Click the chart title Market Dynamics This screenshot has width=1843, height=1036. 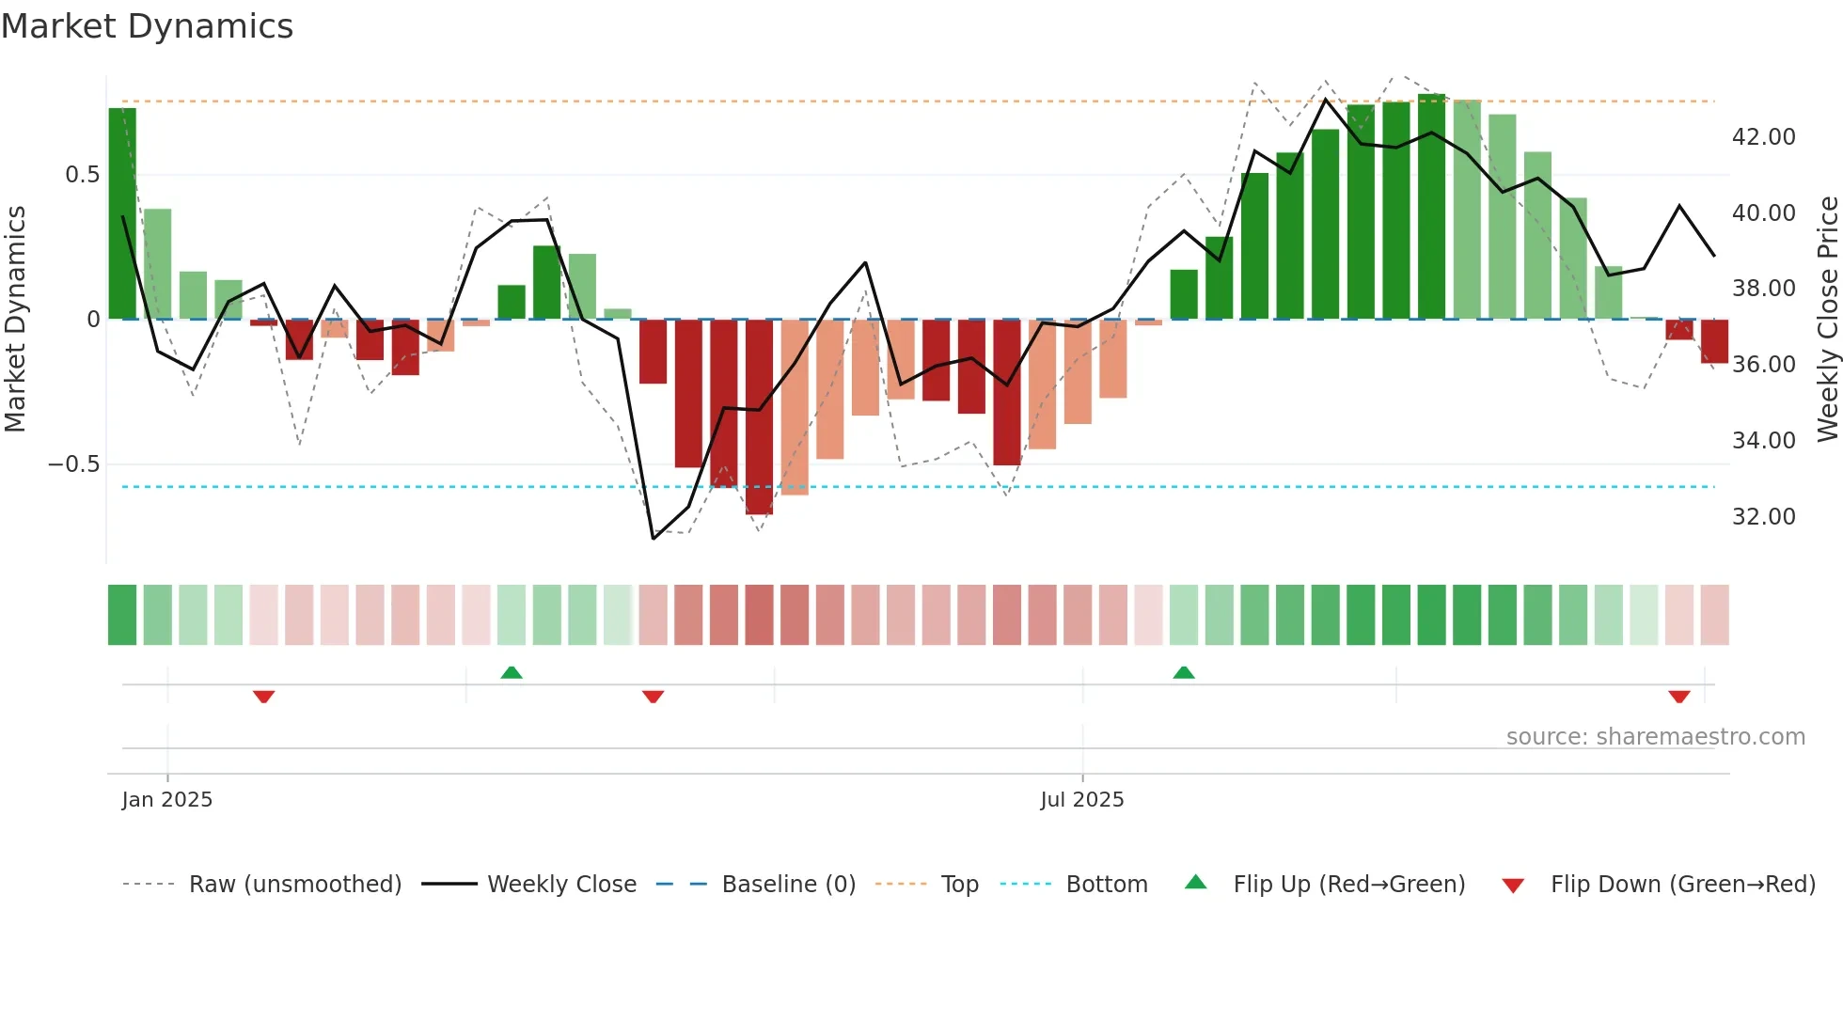(x=148, y=26)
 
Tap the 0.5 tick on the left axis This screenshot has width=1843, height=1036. (x=82, y=175)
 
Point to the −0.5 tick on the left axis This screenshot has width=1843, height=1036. (x=73, y=464)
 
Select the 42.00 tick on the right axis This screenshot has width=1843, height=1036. (x=1763, y=137)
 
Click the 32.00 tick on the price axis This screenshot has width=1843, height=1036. (x=1763, y=517)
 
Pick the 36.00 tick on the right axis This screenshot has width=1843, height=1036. (x=1763, y=365)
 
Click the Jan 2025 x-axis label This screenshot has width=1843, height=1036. (x=167, y=800)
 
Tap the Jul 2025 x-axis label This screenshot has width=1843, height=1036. (x=1081, y=800)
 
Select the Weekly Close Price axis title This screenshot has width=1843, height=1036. (x=1827, y=320)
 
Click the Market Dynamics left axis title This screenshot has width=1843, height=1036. (x=15, y=320)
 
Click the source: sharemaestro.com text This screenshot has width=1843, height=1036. (x=1655, y=737)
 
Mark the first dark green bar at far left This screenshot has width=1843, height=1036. (x=122, y=214)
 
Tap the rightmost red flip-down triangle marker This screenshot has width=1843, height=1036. (x=1679, y=697)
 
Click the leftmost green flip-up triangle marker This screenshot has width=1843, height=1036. (x=512, y=672)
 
